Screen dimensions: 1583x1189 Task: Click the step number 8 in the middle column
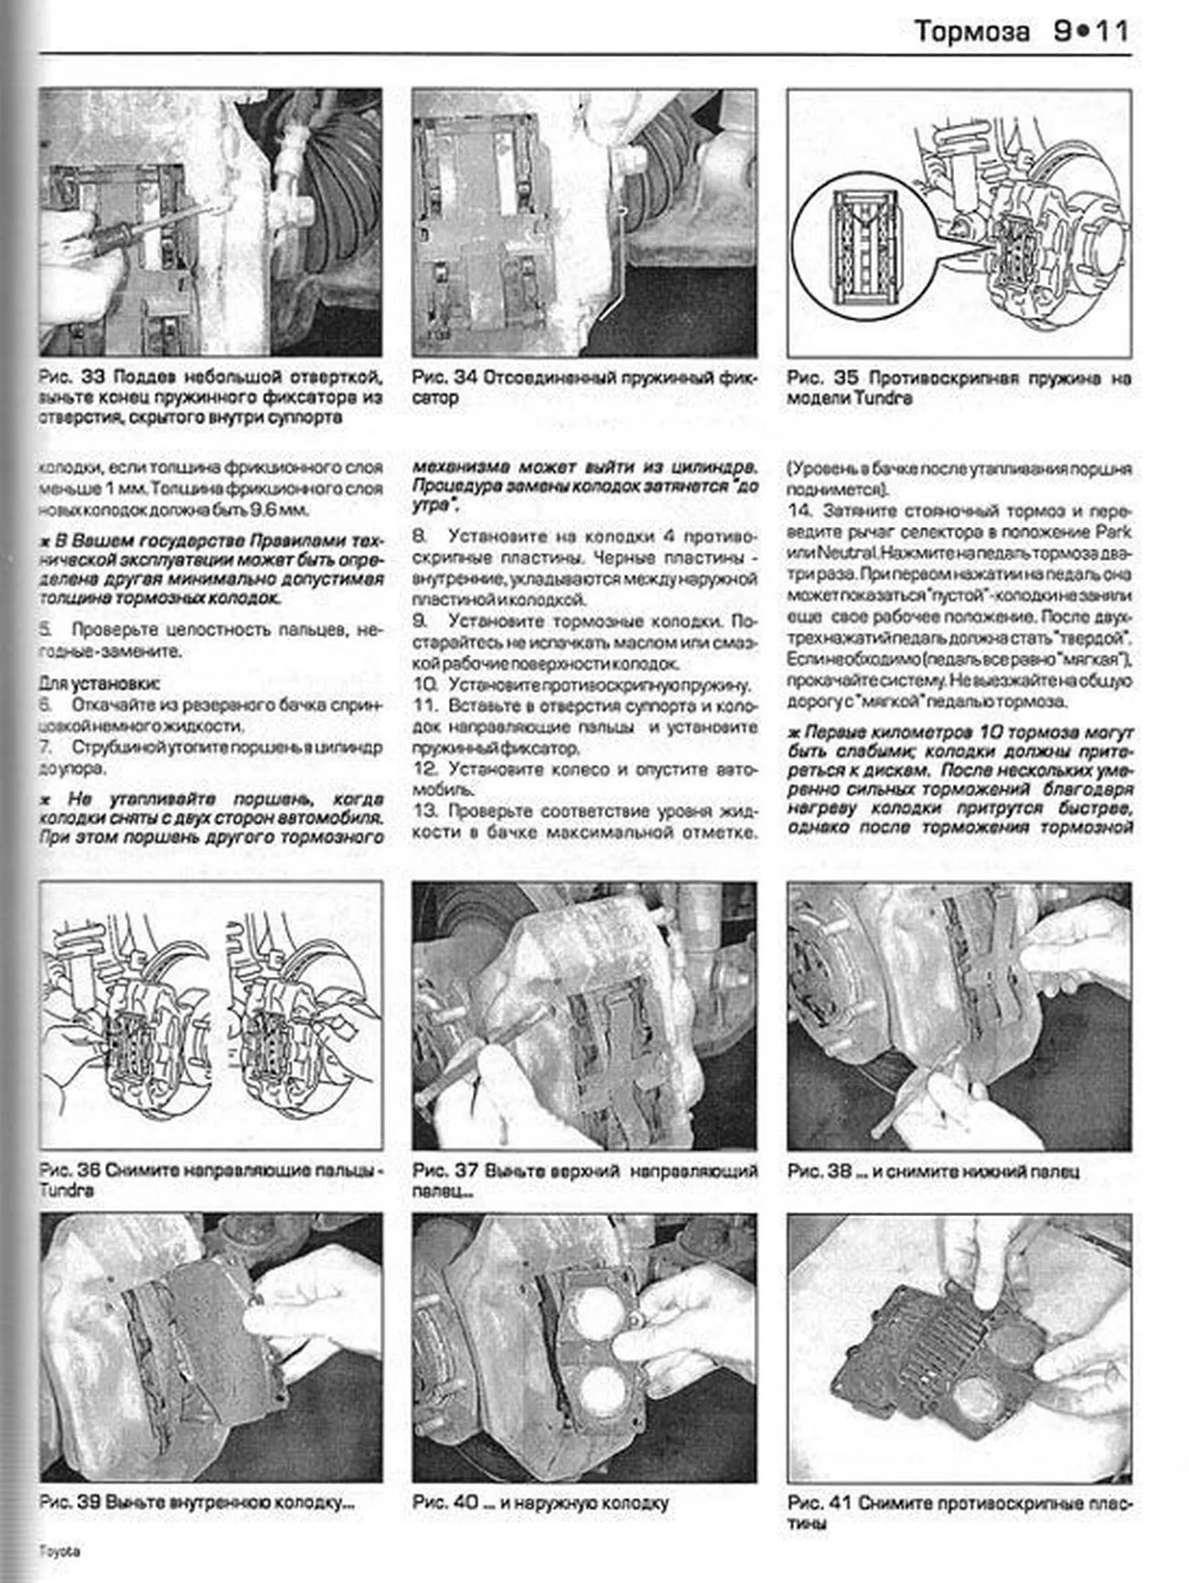coord(419,536)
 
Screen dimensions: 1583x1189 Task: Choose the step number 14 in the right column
coord(798,511)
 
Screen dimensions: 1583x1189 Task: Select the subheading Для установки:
coord(99,683)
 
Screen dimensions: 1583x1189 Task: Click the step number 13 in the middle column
coord(425,811)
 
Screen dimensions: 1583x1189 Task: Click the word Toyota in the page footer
coord(59,1552)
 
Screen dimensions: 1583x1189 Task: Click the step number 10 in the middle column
coord(425,684)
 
